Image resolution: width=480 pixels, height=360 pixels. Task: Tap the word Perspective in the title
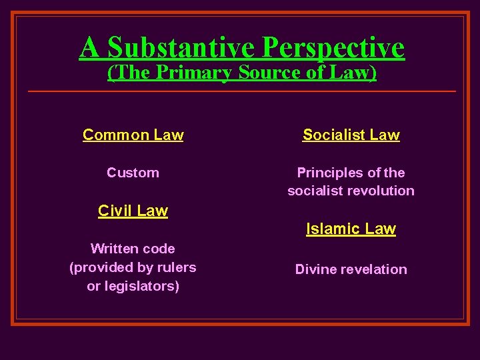click(x=333, y=47)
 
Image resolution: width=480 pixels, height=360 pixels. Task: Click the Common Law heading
click(x=133, y=135)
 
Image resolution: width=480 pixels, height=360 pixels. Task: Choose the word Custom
click(x=133, y=173)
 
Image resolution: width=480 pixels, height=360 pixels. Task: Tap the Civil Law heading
click(x=133, y=211)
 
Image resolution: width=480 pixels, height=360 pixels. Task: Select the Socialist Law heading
click(x=351, y=135)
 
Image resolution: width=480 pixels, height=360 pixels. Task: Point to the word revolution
click(x=380, y=191)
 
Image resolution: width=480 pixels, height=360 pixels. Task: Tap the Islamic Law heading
click(x=351, y=229)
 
